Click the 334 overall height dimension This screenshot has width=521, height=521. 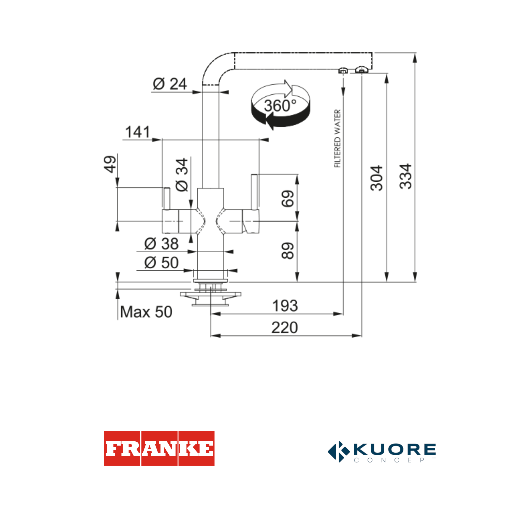coord(405,176)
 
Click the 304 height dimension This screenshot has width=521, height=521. coord(377,178)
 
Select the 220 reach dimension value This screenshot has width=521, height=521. coord(284,328)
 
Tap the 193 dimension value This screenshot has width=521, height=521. coord(285,306)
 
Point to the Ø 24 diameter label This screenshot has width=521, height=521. coord(170,84)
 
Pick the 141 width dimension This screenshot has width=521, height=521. coord(137,132)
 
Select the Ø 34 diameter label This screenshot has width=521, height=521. coord(182,175)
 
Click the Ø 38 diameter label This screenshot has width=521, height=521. coord(161,244)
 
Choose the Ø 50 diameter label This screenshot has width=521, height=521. coord(161,263)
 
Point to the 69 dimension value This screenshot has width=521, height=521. coord(287,199)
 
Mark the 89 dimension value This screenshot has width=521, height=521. coord(287,251)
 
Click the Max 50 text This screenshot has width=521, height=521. coord(146,312)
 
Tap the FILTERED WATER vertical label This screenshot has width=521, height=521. coord(337,138)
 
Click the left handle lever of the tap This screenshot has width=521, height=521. coord(167,198)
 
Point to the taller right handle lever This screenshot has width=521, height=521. coord(254,192)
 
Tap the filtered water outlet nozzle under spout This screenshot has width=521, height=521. coord(343,71)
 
